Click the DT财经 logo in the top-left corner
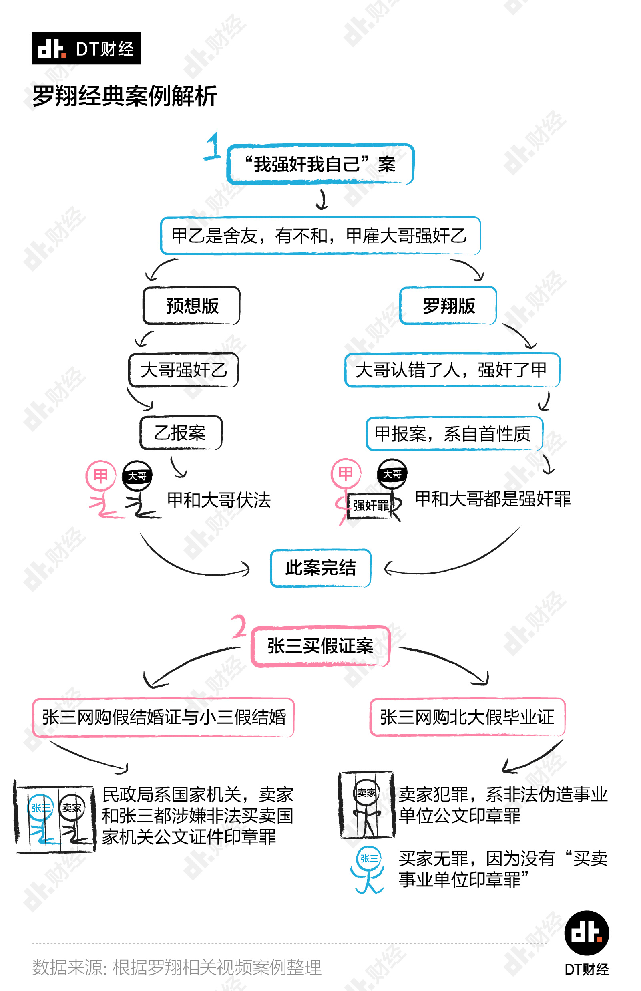click(x=86, y=49)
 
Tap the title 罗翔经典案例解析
click(x=125, y=96)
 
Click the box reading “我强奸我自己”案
click(x=320, y=164)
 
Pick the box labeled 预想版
click(x=191, y=306)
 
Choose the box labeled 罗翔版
click(x=448, y=306)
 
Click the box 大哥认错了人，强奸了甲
click(x=452, y=370)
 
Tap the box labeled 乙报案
click(x=181, y=433)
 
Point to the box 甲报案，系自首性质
click(x=454, y=434)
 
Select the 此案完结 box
click(x=320, y=568)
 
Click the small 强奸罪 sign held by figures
click(x=370, y=506)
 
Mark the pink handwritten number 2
click(x=239, y=626)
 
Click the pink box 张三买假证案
click(x=320, y=646)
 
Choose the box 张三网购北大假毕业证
click(x=467, y=717)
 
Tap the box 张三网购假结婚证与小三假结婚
click(x=164, y=717)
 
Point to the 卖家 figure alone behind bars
click(x=367, y=804)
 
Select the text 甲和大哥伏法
click(x=219, y=500)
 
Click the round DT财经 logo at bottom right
click(x=587, y=933)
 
